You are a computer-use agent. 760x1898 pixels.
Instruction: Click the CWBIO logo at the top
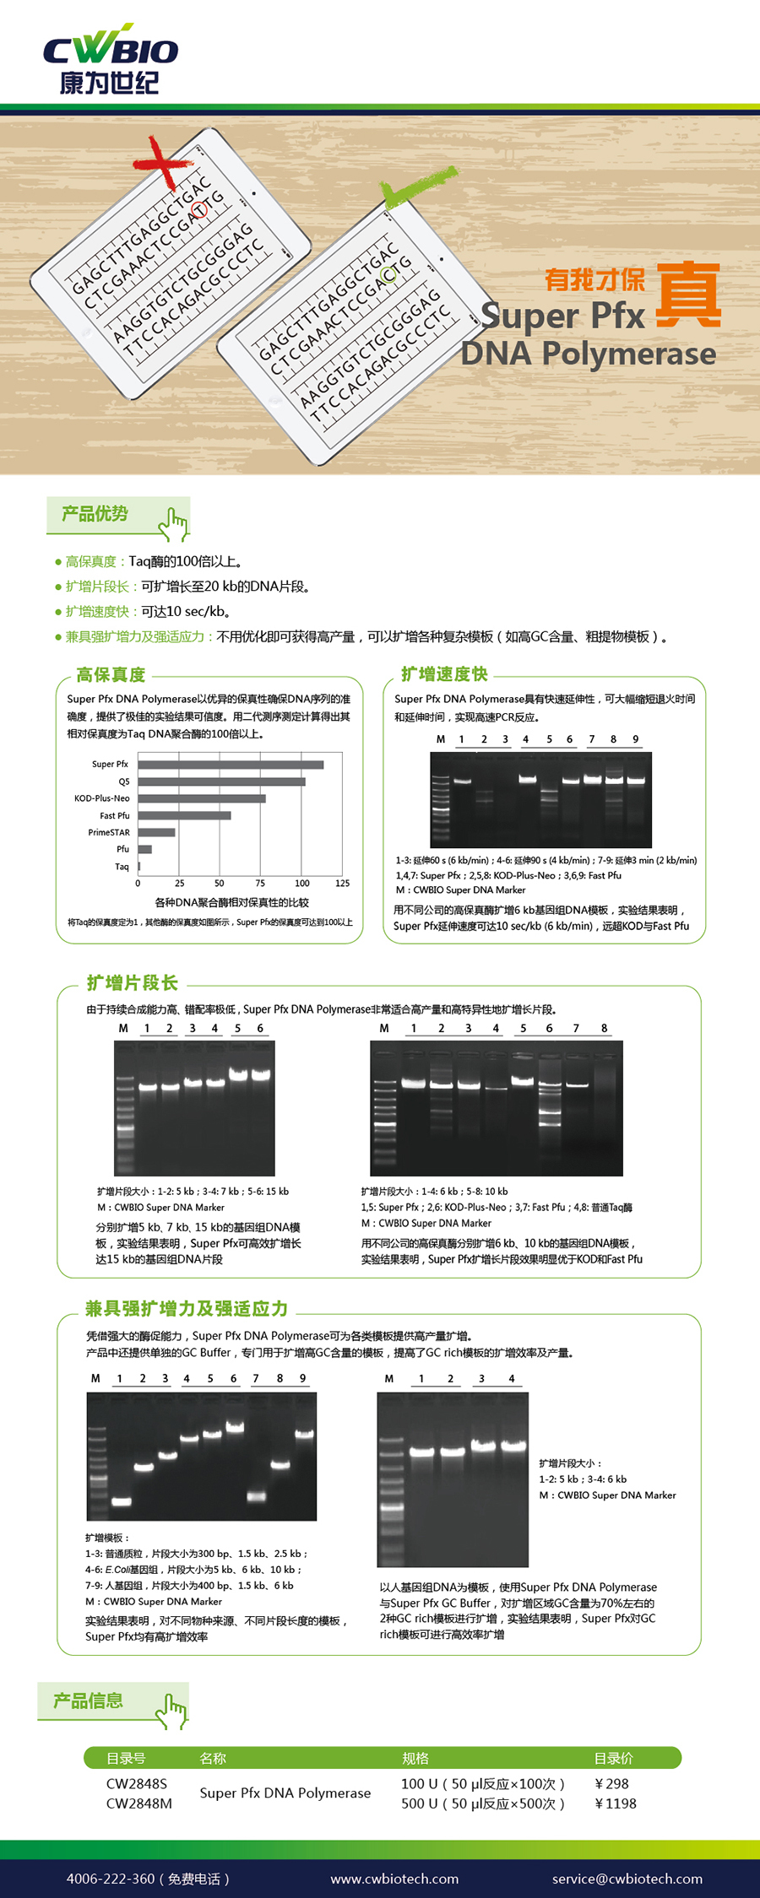[x=111, y=59]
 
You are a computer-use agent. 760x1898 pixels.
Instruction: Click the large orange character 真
[x=688, y=295]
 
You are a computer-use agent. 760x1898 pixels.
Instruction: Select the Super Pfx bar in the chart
[x=231, y=765]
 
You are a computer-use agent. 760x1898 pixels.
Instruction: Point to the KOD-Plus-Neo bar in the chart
[x=202, y=798]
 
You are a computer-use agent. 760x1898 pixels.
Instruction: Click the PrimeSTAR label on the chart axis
[x=109, y=832]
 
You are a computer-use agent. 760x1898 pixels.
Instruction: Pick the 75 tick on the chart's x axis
[x=260, y=884]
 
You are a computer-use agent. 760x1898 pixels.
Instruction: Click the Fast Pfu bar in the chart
[x=184, y=815]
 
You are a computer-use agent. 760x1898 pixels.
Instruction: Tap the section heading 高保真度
[x=111, y=675]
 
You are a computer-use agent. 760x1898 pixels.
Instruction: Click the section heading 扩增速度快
[x=444, y=674]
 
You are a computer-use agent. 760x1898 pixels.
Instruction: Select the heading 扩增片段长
[x=132, y=983]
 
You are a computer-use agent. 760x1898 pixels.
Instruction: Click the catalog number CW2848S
[x=137, y=1783]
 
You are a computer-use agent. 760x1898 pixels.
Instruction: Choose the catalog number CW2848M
[x=138, y=1803]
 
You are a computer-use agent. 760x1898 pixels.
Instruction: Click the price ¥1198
[x=616, y=1803]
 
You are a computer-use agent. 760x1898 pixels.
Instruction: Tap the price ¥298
[x=611, y=1783]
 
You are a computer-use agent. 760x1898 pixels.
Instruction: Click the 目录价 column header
[x=613, y=1758]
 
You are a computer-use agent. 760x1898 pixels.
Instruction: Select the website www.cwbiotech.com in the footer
[x=394, y=1879]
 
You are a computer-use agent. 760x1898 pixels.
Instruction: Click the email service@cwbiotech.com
[x=627, y=1879]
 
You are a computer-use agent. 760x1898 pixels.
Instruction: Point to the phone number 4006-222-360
[x=111, y=1879]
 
